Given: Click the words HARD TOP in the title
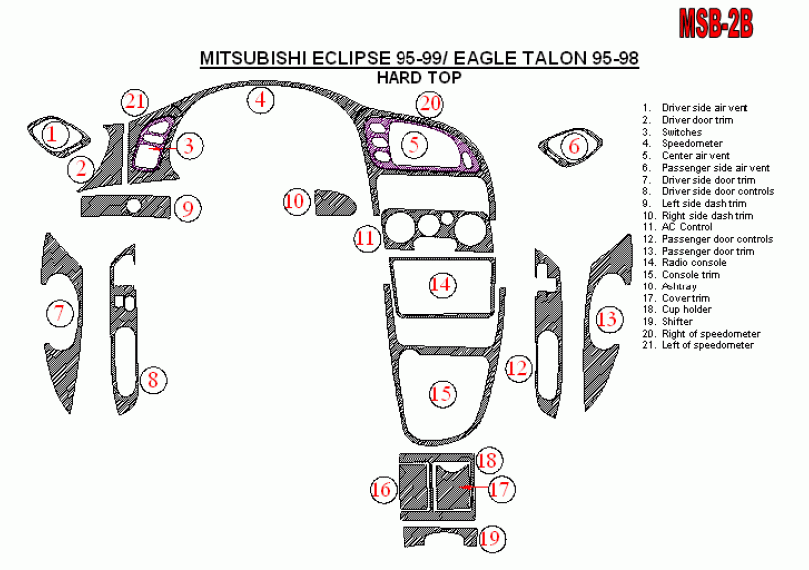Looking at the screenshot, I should [x=418, y=77].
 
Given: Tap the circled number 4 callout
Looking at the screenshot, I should [x=260, y=99].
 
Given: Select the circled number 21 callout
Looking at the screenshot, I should [x=135, y=100].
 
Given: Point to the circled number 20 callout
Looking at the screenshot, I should [x=429, y=102].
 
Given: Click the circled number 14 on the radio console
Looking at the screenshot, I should [x=440, y=285].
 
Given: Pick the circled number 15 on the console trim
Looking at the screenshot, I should [x=441, y=393].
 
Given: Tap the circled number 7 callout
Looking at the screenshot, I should [x=59, y=313].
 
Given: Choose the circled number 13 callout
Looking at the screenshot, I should [x=607, y=319].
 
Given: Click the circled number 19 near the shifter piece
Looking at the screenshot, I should [x=489, y=539].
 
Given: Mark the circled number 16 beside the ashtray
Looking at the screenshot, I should [x=382, y=489].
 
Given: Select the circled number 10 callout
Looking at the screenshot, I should [x=295, y=201].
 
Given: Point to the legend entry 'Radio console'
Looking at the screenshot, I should [x=691, y=263].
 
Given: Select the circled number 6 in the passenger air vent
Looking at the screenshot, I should [x=573, y=146].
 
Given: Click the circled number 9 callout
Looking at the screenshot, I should [x=186, y=208].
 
